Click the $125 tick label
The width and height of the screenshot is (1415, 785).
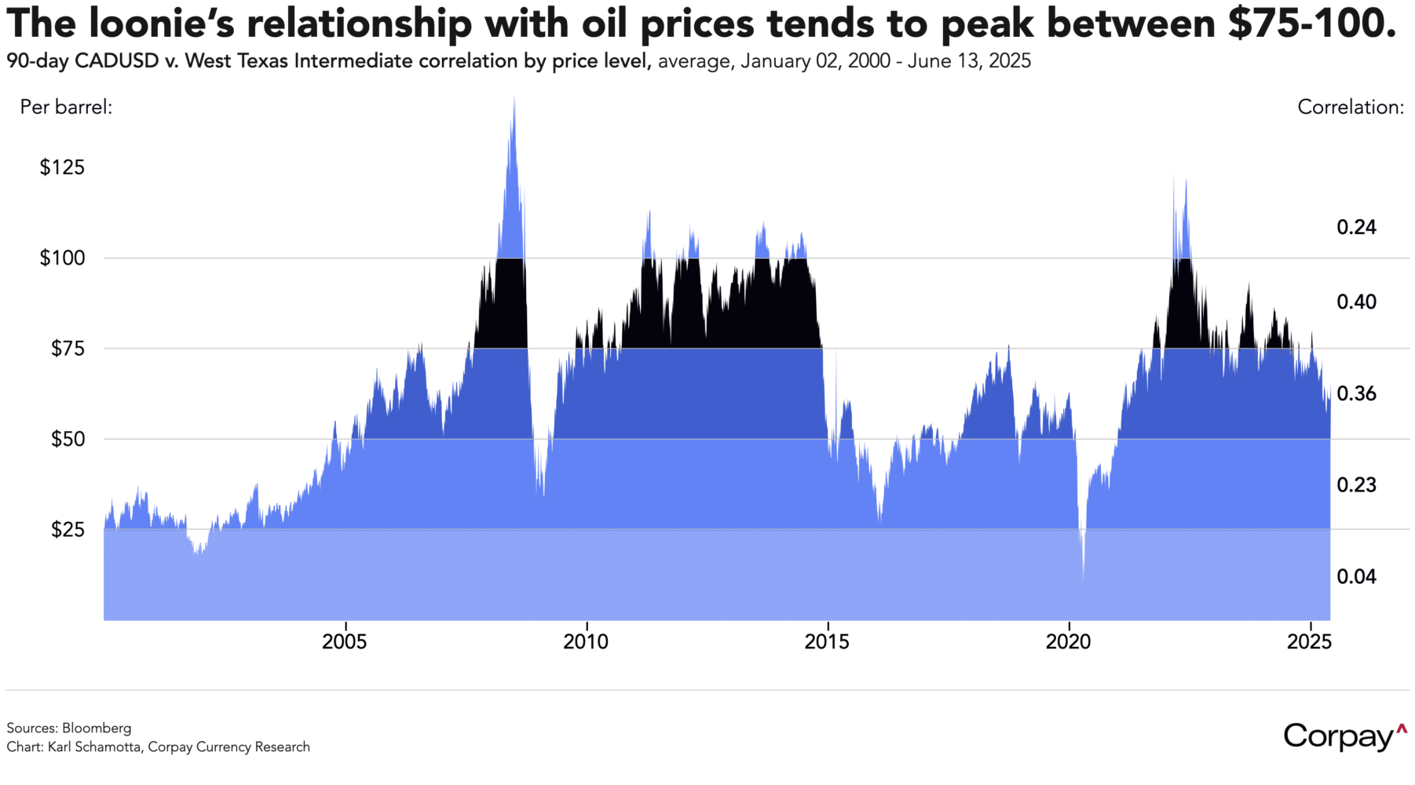[62, 167]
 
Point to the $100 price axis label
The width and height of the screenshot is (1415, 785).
[62, 257]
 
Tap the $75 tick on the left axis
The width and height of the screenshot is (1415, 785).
[68, 349]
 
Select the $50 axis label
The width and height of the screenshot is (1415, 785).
[68, 439]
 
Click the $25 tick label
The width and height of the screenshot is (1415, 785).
[68, 530]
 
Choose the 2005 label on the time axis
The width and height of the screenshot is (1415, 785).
[345, 642]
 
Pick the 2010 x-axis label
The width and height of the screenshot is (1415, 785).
[586, 642]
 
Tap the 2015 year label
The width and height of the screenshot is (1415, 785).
[827, 642]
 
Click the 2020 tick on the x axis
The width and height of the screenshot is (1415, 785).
[1069, 642]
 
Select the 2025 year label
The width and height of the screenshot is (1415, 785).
[1310, 642]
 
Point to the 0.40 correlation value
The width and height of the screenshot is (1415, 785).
[1356, 302]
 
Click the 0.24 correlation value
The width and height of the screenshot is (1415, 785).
[1356, 228]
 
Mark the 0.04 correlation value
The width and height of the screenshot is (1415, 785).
[1356, 577]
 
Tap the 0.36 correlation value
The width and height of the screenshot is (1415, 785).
[1356, 394]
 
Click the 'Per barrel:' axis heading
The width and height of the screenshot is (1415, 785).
[66, 107]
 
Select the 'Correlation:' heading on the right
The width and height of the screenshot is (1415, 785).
[1350, 108]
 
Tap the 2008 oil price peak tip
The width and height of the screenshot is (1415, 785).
[514, 97]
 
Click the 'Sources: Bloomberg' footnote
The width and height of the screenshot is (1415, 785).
[69, 728]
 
